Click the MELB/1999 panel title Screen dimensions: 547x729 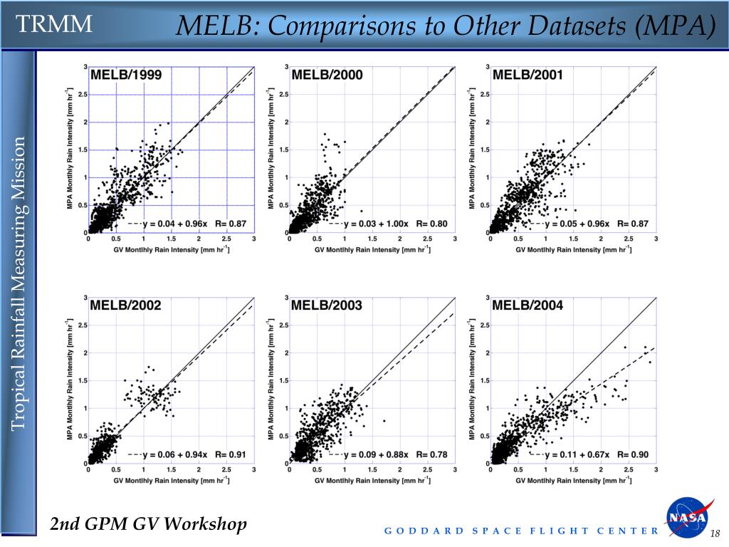point(126,75)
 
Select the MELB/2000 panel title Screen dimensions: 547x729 point(327,75)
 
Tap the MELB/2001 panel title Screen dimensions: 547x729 point(528,75)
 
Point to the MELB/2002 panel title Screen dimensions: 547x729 point(126,306)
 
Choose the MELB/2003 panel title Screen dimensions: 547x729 point(327,306)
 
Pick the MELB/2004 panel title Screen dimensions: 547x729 point(528,306)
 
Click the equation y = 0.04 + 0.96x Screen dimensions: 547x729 point(175,224)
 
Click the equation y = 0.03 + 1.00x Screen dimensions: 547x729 point(375,224)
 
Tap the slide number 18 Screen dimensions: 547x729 point(715,535)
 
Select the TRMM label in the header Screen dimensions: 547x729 point(55,24)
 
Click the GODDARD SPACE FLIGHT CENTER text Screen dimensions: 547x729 point(522,531)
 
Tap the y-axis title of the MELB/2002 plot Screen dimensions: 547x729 point(70,380)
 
